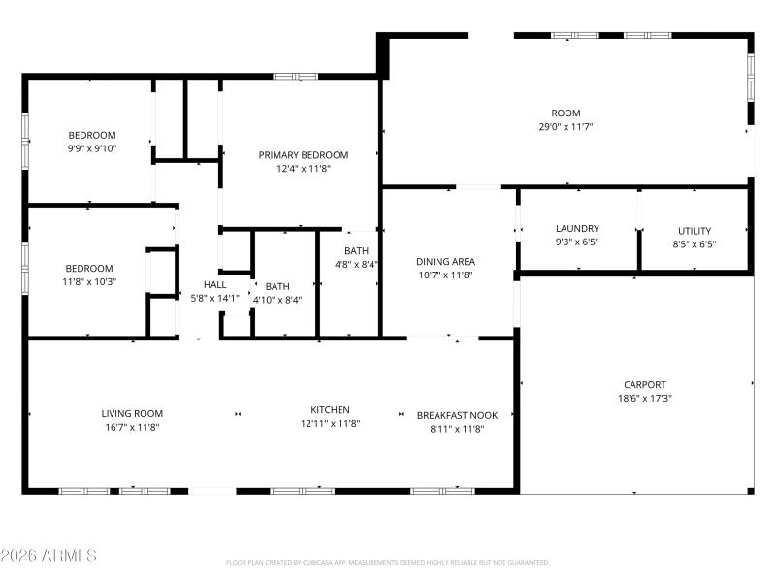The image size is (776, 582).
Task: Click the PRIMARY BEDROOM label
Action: (x=303, y=154)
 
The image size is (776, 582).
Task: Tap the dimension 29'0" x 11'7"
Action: (x=566, y=127)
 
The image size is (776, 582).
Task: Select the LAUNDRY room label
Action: (x=577, y=229)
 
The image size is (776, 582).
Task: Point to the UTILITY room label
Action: (x=694, y=231)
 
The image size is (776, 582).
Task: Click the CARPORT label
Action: (x=645, y=385)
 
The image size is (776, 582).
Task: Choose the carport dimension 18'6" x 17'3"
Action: (x=645, y=398)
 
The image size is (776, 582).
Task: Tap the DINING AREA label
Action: (x=445, y=262)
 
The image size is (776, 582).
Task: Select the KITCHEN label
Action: (x=330, y=410)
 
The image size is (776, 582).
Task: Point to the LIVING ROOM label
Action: (x=132, y=413)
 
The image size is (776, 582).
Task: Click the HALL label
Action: (x=214, y=285)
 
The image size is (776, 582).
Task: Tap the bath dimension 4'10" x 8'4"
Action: (x=277, y=300)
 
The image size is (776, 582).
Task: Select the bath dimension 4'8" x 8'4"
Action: (x=356, y=264)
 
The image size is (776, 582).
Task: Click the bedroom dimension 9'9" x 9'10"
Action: (x=92, y=148)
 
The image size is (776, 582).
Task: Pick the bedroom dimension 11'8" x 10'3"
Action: (x=89, y=281)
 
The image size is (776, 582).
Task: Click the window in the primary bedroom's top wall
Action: (x=296, y=76)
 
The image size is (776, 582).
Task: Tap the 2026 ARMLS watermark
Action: (x=48, y=556)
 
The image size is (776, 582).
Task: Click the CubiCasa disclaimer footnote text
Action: (x=388, y=562)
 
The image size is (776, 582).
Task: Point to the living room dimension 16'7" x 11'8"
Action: (x=132, y=426)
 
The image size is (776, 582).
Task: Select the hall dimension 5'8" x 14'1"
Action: (x=214, y=298)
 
